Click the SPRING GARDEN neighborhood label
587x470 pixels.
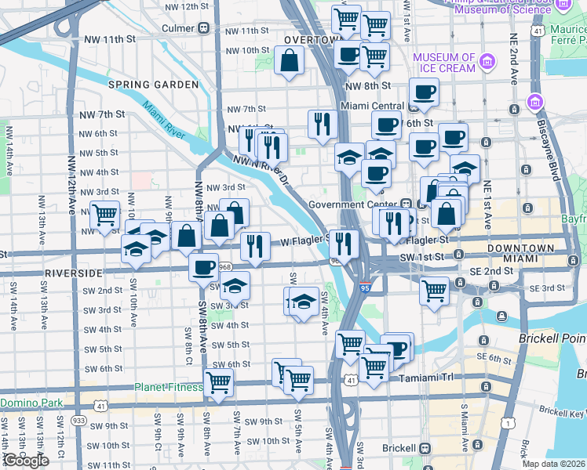[x=153, y=84]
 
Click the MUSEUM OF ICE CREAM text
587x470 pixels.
[x=444, y=63]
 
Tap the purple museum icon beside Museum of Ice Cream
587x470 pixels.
[x=487, y=61]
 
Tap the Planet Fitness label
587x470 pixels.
[x=167, y=386]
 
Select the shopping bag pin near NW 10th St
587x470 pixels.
[x=289, y=60]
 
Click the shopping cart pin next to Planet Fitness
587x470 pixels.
[x=218, y=382]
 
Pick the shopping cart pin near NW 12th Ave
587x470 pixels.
[x=104, y=214]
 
